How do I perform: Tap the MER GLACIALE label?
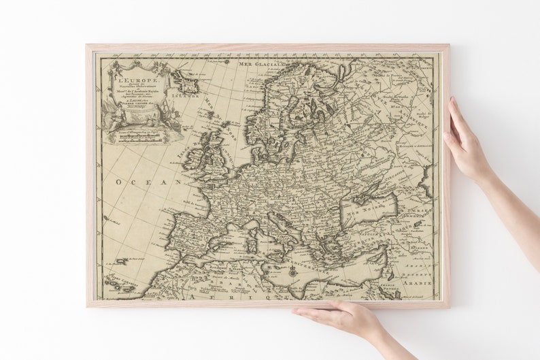tap(260, 64)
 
